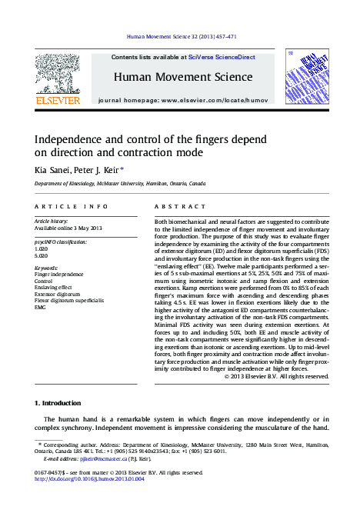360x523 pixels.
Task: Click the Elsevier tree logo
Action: pyautogui.click(x=58, y=73)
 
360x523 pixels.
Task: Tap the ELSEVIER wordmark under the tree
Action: pyautogui.click(x=58, y=101)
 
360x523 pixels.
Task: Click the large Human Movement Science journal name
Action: pyautogui.click(x=183, y=77)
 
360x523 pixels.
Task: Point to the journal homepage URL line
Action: pyautogui.click(x=183, y=101)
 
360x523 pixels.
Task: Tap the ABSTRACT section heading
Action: pyautogui.click(x=178, y=207)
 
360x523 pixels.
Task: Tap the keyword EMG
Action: pyautogui.click(x=40, y=306)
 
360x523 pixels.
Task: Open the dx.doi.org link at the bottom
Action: pyautogui.click(x=89, y=478)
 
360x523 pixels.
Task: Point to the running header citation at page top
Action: pyautogui.click(x=180, y=36)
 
